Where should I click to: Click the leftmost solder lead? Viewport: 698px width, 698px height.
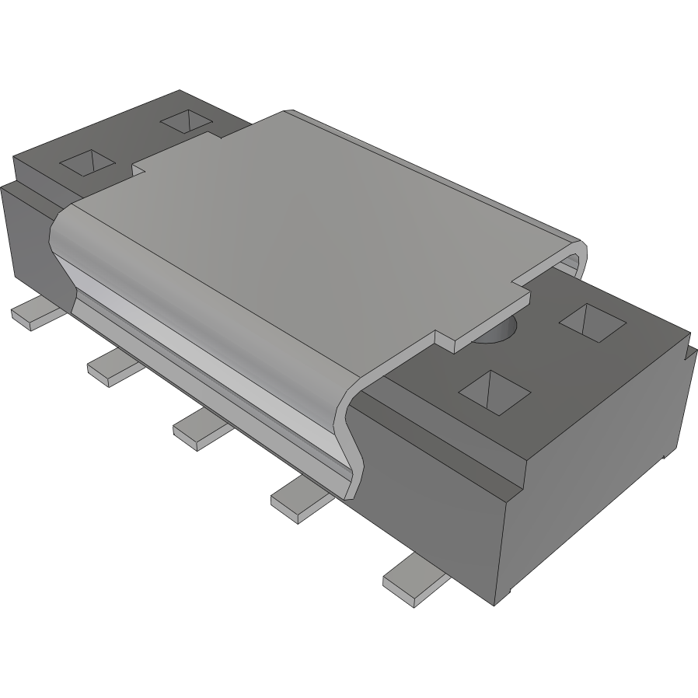point(35,313)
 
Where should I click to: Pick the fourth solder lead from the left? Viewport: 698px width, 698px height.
point(298,497)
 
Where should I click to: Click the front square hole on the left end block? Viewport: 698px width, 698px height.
point(88,162)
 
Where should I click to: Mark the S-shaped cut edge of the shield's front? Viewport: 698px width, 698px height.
point(350,435)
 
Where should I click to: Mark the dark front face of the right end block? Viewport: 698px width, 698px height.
point(435,482)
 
